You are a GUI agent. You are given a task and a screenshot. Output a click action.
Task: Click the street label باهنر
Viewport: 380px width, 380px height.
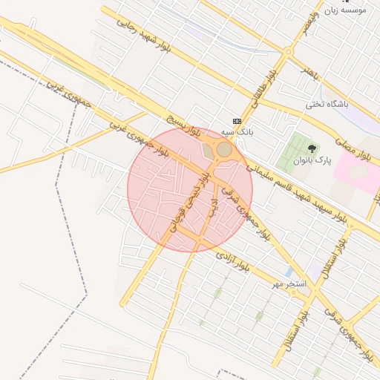point(309,71)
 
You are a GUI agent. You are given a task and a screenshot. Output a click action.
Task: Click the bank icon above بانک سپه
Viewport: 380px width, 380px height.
point(237,121)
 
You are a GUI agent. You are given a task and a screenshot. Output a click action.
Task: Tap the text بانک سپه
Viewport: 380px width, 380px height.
point(239,131)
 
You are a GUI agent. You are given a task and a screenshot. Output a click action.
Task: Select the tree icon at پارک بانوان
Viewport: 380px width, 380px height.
point(309,150)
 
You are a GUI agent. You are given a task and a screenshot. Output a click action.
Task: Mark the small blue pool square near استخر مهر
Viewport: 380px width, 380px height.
point(288,272)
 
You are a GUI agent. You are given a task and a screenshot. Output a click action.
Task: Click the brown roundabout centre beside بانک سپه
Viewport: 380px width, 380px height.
point(224,149)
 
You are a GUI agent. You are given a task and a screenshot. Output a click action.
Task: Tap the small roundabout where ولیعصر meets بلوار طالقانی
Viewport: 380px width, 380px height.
point(286,51)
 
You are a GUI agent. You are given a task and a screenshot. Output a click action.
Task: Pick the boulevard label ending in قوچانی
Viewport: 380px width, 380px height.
point(186,205)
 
